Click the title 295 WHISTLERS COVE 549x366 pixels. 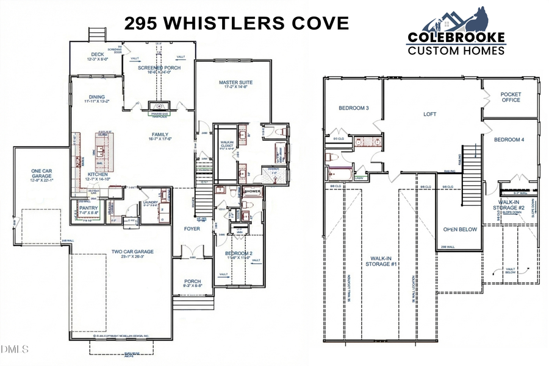tap(237, 24)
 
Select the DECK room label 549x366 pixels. tap(98, 54)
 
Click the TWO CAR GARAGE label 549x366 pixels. tap(132, 252)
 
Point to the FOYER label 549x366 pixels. tap(193, 229)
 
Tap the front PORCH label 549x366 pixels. tap(193, 281)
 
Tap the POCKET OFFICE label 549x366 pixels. tap(511, 97)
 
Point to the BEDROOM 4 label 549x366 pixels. tap(509, 139)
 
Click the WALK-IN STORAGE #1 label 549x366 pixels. tap(382, 261)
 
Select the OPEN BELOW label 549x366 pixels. tap(459, 230)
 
